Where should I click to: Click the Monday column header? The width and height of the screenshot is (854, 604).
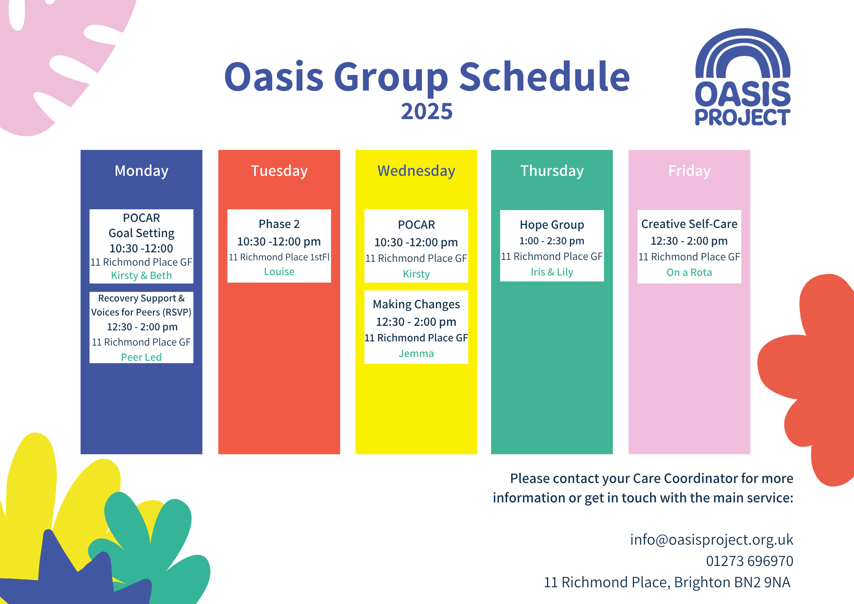tap(142, 171)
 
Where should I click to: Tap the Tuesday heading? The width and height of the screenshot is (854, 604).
tap(279, 171)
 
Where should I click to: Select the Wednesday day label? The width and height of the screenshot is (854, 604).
tap(416, 171)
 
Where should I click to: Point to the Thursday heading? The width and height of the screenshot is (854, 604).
tap(552, 171)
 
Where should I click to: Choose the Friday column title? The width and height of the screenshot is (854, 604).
tap(689, 171)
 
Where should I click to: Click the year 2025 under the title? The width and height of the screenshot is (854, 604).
tap(427, 112)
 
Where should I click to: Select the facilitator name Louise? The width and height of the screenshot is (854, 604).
tap(279, 272)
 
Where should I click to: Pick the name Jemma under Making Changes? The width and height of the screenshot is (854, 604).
tap(416, 354)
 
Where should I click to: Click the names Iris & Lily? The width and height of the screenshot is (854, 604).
tap(552, 272)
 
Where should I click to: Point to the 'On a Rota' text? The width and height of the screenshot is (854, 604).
tap(689, 273)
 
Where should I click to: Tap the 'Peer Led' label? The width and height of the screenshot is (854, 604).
tap(142, 357)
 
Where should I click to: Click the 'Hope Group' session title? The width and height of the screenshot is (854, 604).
tap(552, 225)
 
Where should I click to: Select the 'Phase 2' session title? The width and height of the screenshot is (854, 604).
tap(279, 224)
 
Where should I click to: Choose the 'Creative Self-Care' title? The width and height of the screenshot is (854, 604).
tap(689, 224)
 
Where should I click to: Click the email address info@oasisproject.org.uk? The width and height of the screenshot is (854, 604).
tap(712, 540)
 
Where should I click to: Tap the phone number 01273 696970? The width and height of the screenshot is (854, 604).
tap(750, 561)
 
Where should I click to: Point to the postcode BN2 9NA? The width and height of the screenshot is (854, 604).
tap(762, 582)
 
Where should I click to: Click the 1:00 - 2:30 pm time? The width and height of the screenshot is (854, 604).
tap(552, 241)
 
